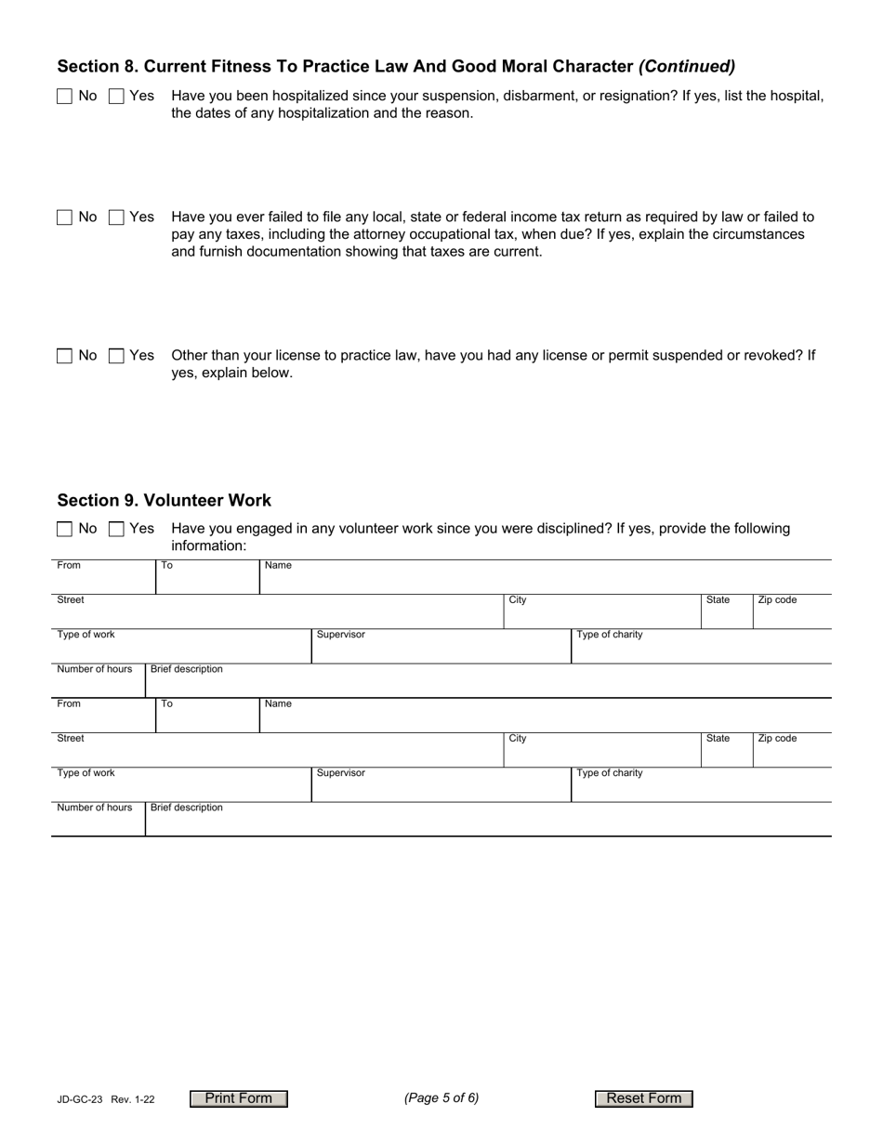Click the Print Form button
click(x=239, y=1098)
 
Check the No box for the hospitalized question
click(x=64, y=96)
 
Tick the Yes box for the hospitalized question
click(x=116, y=96)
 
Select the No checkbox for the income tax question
click(x=64, y=217)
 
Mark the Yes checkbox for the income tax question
click(x=116, y=217)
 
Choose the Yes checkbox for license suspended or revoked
click(x=116, y=356)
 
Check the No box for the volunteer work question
click(x=64, y=529)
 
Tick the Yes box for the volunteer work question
click(x=116, y=529)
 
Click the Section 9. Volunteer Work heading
click(x=165, y=501)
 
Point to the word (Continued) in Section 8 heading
click(x=687, y=67)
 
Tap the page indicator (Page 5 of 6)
click(x=441, y=1098)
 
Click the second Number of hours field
click(x=98, y=823)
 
